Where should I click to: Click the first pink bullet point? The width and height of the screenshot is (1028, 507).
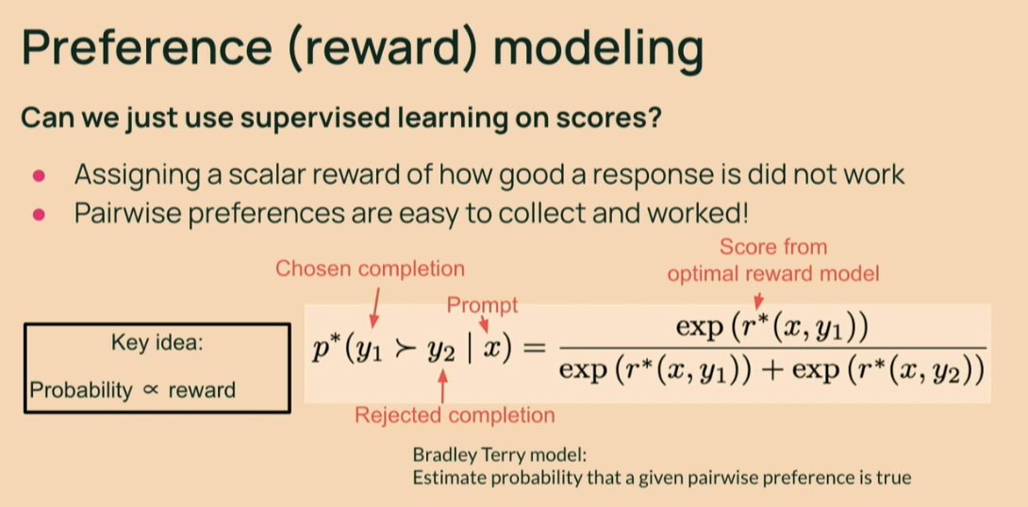click(x=39, y=175)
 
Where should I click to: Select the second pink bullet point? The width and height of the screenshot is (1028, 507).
click(x=39, y=214)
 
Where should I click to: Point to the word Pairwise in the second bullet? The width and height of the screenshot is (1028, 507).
click(x=126, y=214)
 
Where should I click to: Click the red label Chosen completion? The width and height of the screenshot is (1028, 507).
click(x=370, y=269)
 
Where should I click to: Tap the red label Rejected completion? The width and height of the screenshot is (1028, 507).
click(x=455, y=415)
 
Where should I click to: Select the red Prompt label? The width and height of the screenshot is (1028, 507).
click(x=483, y=305)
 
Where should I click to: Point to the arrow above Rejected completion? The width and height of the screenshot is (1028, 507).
click(x=442, y=386)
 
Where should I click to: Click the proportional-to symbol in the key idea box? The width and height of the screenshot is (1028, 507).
click(x=150, y=390)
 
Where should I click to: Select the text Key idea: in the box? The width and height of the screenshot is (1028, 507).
click(x=158, y=343)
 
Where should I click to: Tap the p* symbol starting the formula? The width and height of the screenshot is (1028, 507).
click(x=322, y=349)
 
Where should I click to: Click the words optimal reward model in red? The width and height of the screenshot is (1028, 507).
click(x=773, y=274)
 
